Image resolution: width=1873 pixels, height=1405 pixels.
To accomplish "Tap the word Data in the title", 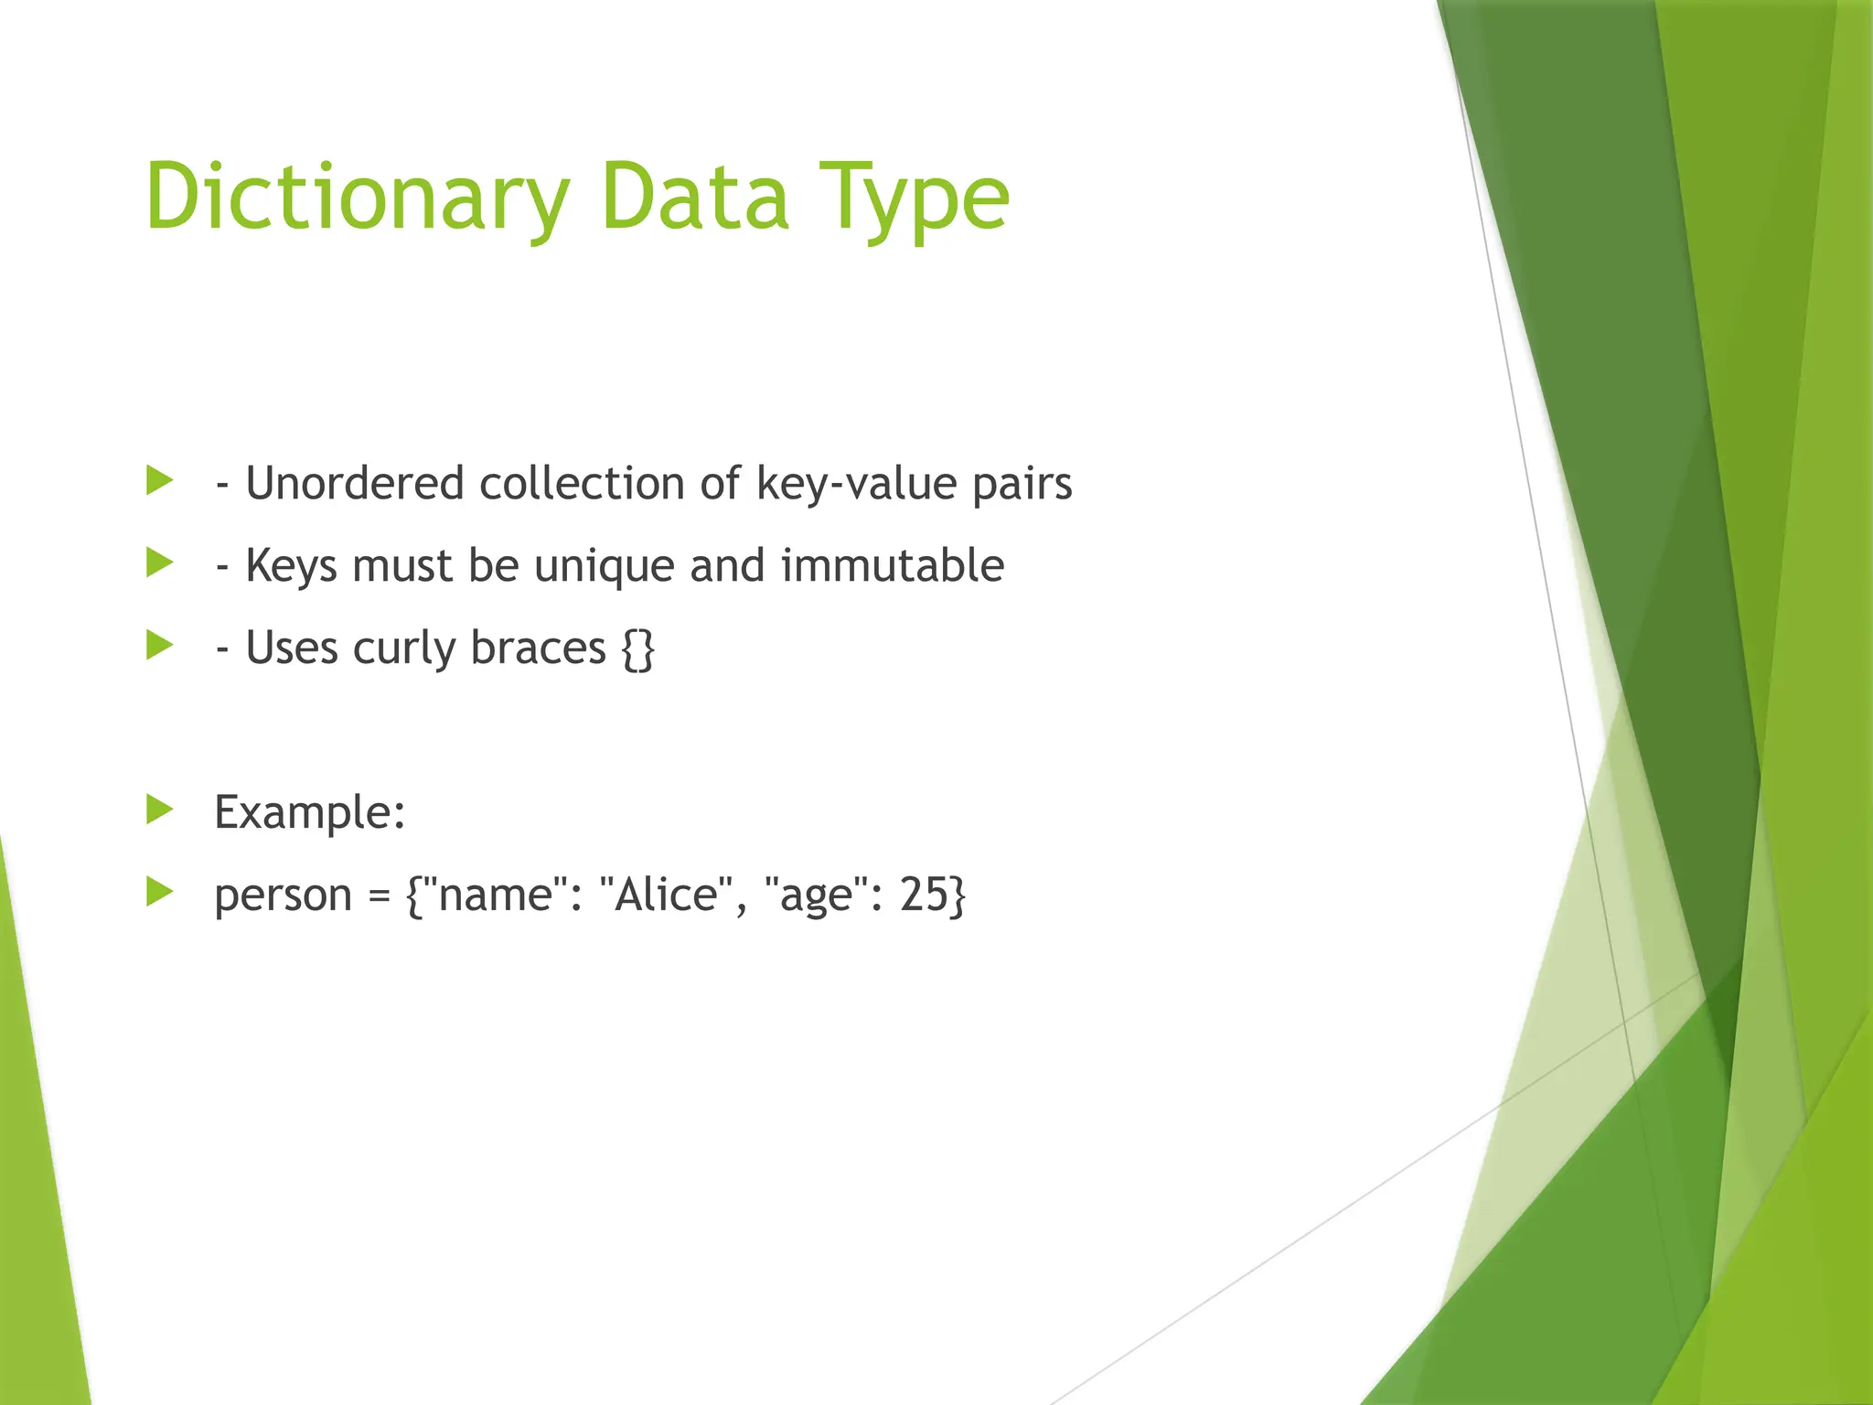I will pos(695,198).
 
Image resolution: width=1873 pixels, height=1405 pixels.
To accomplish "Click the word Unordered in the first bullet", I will pos(355,483).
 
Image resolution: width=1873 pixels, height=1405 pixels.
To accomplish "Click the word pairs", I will pos(1022,483).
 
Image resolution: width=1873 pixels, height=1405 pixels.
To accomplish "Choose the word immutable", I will pos(892,565).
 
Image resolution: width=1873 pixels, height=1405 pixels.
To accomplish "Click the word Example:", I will pos(310,812).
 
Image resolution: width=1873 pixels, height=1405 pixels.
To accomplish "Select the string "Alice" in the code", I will pos(668,895).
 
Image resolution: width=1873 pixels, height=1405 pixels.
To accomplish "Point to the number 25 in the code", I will pos(924,895).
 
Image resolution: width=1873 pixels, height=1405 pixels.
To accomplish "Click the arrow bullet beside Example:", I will pos(160,810).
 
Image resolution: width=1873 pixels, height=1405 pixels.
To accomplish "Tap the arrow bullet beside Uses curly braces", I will pos(160,646).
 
